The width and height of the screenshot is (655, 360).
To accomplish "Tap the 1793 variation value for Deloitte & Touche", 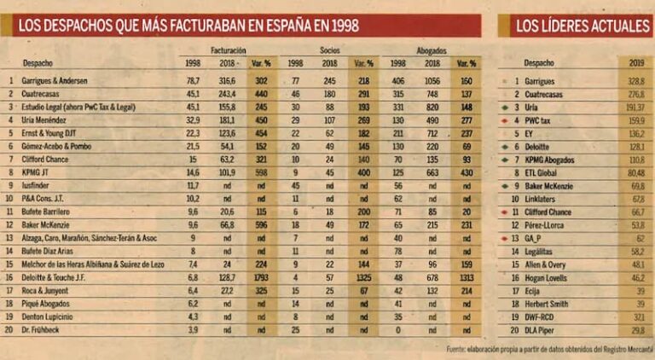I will pyautogui.click(x=261, y=278).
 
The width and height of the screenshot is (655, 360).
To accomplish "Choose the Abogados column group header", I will pyautogui.click(x=432, y=50).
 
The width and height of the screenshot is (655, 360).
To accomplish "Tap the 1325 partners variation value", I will pyautogui.click(x=363, y=278).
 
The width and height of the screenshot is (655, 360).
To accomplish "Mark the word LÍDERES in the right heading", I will pyautogui.click(x=578, y=26).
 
